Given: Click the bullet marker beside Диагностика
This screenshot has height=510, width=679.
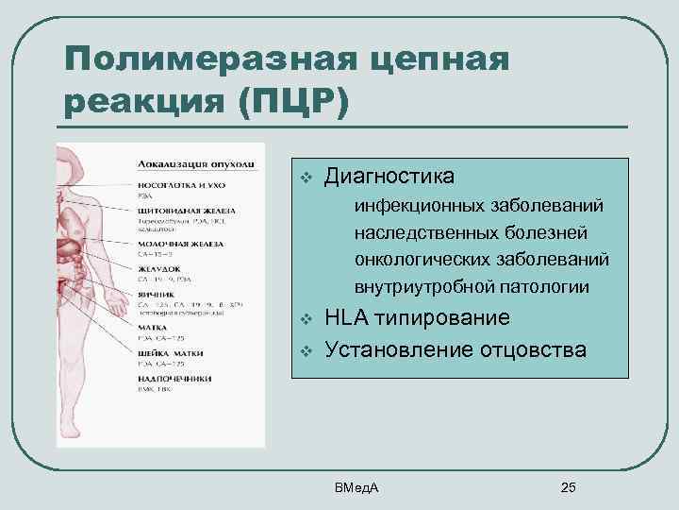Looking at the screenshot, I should pyautogui.click(x=305, y=178).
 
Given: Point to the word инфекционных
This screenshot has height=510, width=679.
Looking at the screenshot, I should pyautogui.click(x=417, y=205).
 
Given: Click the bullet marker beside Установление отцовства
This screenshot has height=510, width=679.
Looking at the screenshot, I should pyautogui.click(x=305, y=350).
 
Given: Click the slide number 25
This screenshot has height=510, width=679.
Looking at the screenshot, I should pyautogui.click(x=568, y=487).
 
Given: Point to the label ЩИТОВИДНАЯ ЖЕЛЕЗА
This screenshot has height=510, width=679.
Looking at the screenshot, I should pyautogui.click(x=186, y=210).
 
